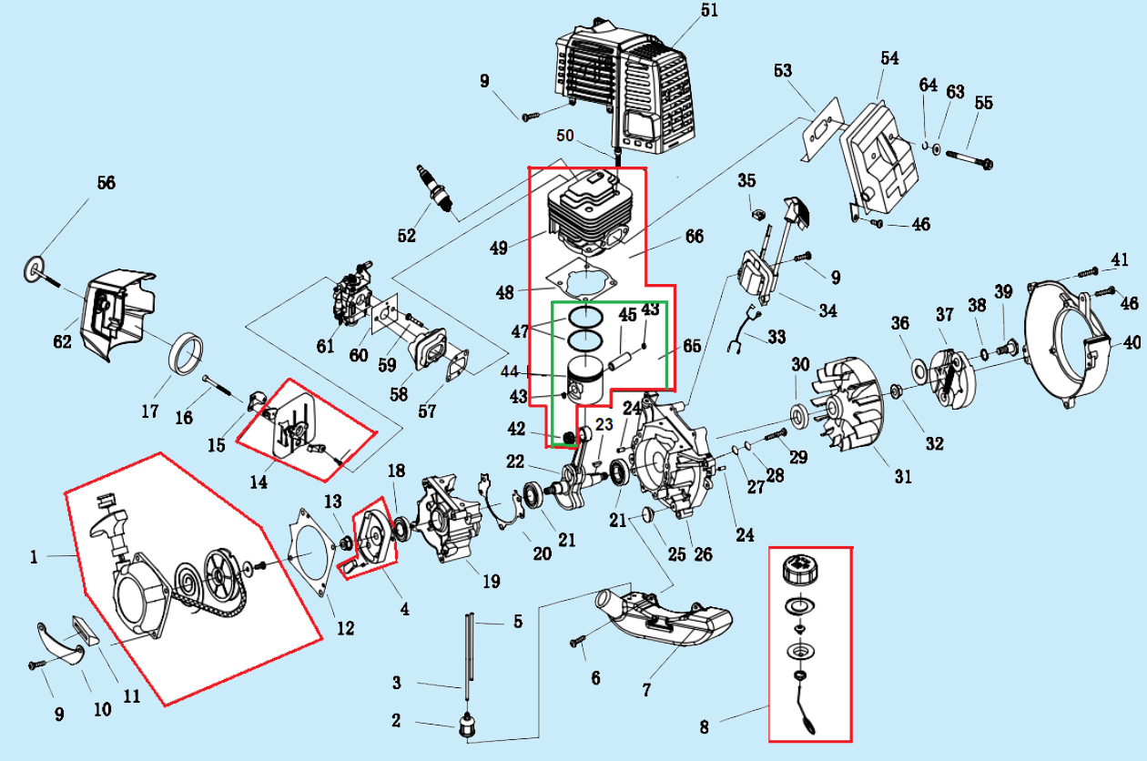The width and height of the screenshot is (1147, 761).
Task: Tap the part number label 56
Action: (x=106, y=183)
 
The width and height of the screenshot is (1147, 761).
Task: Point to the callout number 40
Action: (x=1131, y=344)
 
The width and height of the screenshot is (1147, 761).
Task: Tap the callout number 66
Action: (x=694, y=237)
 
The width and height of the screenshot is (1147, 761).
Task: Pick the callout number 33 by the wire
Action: (x=776, y=337)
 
